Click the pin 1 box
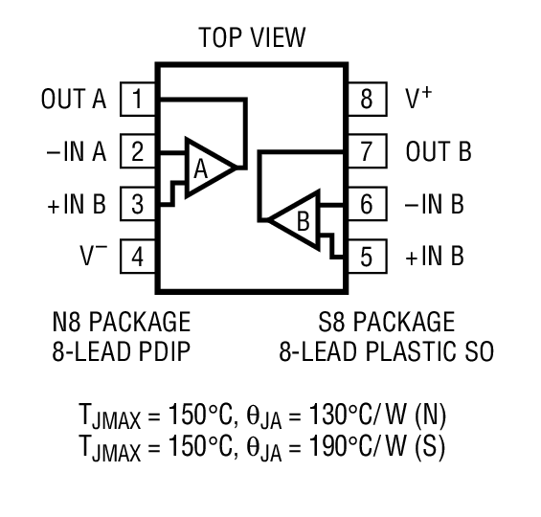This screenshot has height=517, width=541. (x=139, y=99)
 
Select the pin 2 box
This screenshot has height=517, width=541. (x=139, y=151)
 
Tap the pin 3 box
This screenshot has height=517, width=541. (x=139, y=204)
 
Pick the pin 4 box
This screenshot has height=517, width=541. (x=139, y=257)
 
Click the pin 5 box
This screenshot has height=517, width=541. (x=367, y=257)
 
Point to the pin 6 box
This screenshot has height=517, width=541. (x=367, y=204)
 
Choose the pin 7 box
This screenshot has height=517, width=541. (x=367, y=151)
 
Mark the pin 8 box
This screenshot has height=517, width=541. (x=367, y=99)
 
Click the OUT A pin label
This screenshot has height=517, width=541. (x=74, y=99)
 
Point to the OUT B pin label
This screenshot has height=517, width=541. (x=439, y=151)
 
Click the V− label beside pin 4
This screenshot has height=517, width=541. (x=93, y=256)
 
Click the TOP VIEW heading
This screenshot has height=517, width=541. (x=252, y=38)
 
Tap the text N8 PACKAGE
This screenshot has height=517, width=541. (x=121, y=321)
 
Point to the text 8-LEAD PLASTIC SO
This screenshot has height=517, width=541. (x=387, y=351)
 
